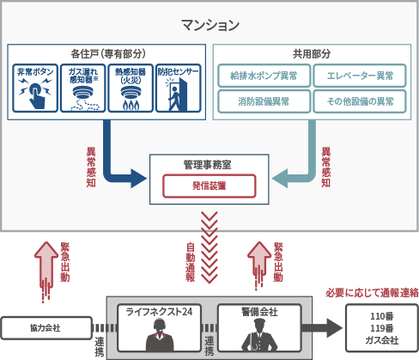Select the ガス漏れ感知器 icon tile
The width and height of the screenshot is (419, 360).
pyautogui.click(x=83, y=88)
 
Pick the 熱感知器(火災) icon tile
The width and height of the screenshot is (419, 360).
pyautogui.click(x=131, y=88)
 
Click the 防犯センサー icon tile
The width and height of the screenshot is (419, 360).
pyautogui.click(x=178, y=88)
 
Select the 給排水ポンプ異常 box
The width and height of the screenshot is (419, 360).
pyautogui.click(x=264, y=76)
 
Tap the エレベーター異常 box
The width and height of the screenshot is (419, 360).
pyautogui.click(x=360, y=76)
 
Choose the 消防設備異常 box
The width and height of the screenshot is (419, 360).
pyautogui.click(x=264, y=101)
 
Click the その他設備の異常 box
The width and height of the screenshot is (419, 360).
pyautogui.click(x=360, y=101)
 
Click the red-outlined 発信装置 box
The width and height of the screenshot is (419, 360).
pyautogui.click(x=209, y=185)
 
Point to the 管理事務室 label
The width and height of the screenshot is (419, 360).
pyautogui.click(x=209, y=165)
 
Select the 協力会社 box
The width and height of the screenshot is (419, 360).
pyautogui.click(x=46, y=327)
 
